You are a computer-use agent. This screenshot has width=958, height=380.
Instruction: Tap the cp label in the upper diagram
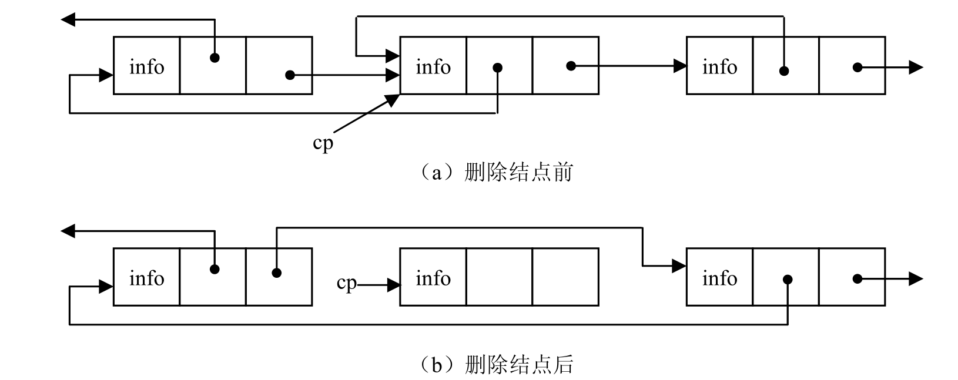pyautogui.click(x=323, y=143)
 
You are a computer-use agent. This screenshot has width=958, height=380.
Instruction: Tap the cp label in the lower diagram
pyautogui.click(x=346, y=283)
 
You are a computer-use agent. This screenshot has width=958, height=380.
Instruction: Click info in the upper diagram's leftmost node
pyautogui.click(x=146, y=67)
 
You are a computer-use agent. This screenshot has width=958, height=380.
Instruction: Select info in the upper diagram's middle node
pyautogui.click(x=433, y=67)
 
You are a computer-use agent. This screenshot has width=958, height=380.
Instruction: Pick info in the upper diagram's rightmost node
pyautogui.click(x=719, y=67)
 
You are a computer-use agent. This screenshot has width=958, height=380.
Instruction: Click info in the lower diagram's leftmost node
pyautogui.click(x=146, y=278)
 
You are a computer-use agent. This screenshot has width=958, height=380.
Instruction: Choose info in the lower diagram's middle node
pyautogui.click(x=433, y=278)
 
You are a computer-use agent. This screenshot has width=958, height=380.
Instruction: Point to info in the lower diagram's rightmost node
pyautogui.click(x=719, y=278)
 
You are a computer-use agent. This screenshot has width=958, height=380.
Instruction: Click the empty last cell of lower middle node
pyautogui.click(x=565, y=277)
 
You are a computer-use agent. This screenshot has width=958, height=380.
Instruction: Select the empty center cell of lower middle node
pyautogui.click(x=500, y=277)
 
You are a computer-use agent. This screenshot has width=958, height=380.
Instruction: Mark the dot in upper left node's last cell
pyautogui.click(x=290, y=75)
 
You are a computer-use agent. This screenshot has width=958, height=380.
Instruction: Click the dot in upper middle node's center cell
pyautogui.click(x=498, y=68)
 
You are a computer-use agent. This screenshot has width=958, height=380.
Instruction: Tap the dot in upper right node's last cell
pyautogui.click(x=857, y=68)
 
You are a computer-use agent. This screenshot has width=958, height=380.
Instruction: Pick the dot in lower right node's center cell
pyautogui.click(x=788, y=280)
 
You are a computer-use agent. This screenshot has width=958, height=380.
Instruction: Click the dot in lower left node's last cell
pyautogui.click(x=277, y=273)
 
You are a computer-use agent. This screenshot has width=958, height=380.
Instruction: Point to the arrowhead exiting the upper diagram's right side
pyautogui.click(x=916, y=68)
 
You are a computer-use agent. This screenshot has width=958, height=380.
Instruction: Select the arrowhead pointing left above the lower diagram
pyautogui.click(x=68, y=231)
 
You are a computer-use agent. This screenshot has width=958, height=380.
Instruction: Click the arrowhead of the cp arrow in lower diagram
pyautogui.click(x=394, y=285)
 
